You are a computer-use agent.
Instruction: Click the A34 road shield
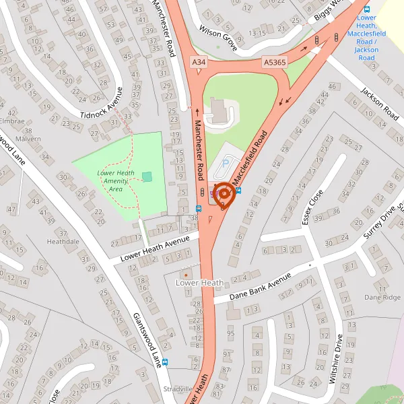pos(198,62)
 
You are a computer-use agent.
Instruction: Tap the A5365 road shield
pos(275,62)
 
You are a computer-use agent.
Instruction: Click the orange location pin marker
pos(224,194)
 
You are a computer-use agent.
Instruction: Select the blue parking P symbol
pos(226,162)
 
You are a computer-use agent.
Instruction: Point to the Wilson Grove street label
pos(219,38)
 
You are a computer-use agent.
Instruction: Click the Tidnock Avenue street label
pos(102,104)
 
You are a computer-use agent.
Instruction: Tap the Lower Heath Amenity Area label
pos(115,181)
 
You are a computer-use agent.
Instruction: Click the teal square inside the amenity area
pos(147,176)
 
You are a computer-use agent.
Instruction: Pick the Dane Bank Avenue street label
pos(260,286)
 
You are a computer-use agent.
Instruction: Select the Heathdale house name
pos(63,240)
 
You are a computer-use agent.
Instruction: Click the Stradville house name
pos(178,389)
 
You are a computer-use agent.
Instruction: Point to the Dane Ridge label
pos(382,297)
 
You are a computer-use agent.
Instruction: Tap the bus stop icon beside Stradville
pos(166,362)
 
